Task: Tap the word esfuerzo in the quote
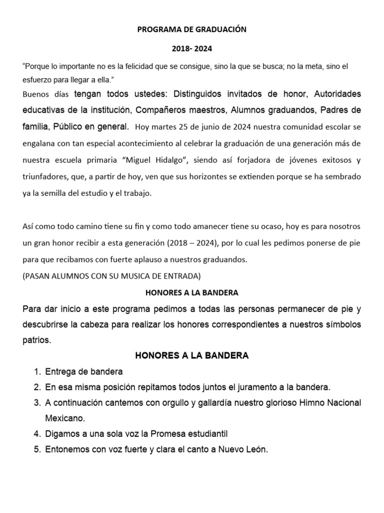pyautogui.click(x=39, y=80)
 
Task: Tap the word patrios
pyautogui.click(x=36, y=340)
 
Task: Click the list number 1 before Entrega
pyautogui.click(x=36, y=372)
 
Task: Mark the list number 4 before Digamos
pyautogui.click(x=36, y=434)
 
